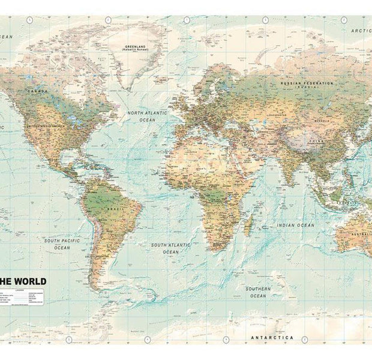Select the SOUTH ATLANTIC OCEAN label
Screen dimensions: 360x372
click(x=171, y=248)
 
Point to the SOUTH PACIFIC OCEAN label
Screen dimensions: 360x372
click(x=62, y=244)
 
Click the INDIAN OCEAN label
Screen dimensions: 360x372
click(x=295, y=225)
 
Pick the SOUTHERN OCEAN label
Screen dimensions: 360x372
click(x=258, y=292)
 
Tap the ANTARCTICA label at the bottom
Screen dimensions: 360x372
click(x=272, y=338)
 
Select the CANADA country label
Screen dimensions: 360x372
click(x=37, y=92)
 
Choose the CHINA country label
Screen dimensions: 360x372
click(x=314, y=142)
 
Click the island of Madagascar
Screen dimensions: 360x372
click(x=248, y=225)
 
